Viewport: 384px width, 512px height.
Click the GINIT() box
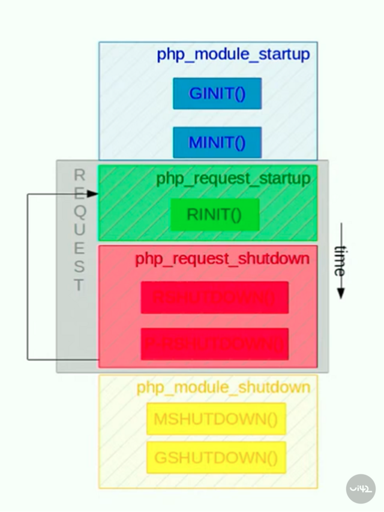(x=217, y=94)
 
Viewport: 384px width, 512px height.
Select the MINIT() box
(x=217, y=143)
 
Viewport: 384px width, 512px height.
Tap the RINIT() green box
(x=214, y=215)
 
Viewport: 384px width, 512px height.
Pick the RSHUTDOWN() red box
(x=214, y=297)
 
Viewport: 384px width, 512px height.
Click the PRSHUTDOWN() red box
(x=214, y=344)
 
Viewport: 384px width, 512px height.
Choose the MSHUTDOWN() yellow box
(x=216, y=418)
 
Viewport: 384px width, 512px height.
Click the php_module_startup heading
(x=233, y=55)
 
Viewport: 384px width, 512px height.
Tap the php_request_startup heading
(x=233, y=179)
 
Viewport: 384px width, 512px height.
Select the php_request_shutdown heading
(x=223, y=258)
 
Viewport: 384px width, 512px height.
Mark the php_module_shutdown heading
(x=223, y=387)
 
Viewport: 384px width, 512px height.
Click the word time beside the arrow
(x=340, y=261)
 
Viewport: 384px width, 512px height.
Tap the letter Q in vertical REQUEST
(x=80, y=211)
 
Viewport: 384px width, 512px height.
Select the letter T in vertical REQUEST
(x=79, y=285)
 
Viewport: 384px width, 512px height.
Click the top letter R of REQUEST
(x=79, y=174)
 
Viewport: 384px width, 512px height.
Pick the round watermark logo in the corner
(x=361, y=488)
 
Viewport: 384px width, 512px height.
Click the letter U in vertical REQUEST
(x=80, y=230)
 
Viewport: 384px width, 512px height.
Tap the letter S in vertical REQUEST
(x=79, y=267)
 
